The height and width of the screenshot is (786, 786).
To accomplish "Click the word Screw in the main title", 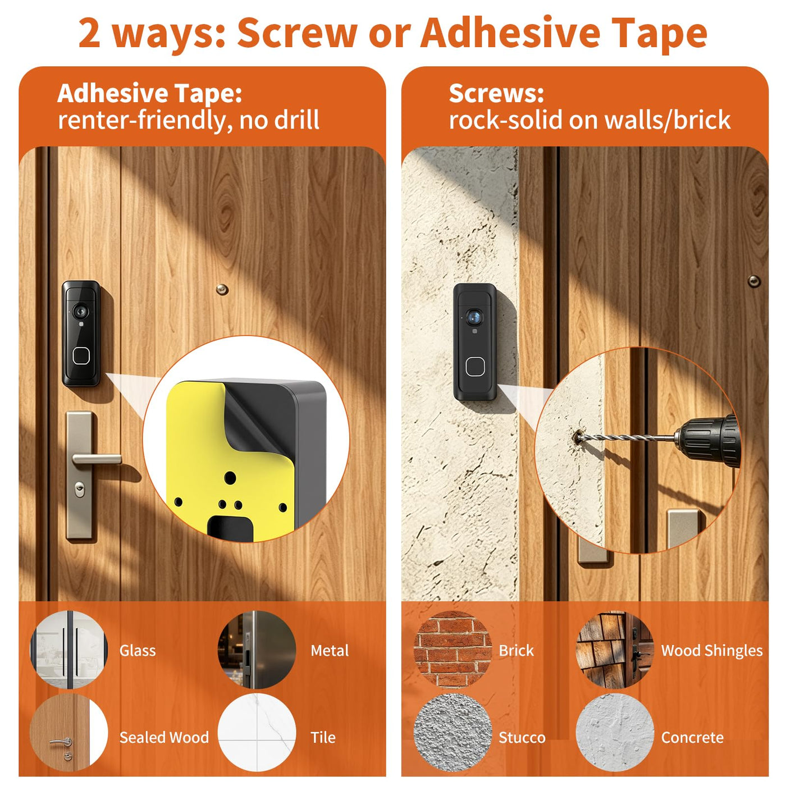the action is [298, 34].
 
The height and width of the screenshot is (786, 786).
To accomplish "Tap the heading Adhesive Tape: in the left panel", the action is [149, 93].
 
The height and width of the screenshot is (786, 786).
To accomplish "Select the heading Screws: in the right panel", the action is [496, 94].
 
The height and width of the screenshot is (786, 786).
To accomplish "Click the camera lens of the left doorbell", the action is [80, 312].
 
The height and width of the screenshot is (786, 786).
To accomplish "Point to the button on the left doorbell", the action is [81, 356].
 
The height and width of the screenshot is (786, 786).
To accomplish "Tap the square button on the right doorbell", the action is [475, 366].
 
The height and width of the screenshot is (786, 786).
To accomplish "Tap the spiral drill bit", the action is [625, 438].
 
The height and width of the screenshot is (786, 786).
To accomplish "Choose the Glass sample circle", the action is [69, 650].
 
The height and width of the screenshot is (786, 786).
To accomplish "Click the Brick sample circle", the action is [453, 650].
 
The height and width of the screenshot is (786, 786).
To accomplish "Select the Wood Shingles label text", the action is [712, 651].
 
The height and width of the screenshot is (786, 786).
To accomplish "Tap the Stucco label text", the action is [522, 738].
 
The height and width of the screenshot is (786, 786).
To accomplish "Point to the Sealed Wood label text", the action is [164, 738].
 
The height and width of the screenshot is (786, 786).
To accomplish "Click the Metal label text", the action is [330, 651].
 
